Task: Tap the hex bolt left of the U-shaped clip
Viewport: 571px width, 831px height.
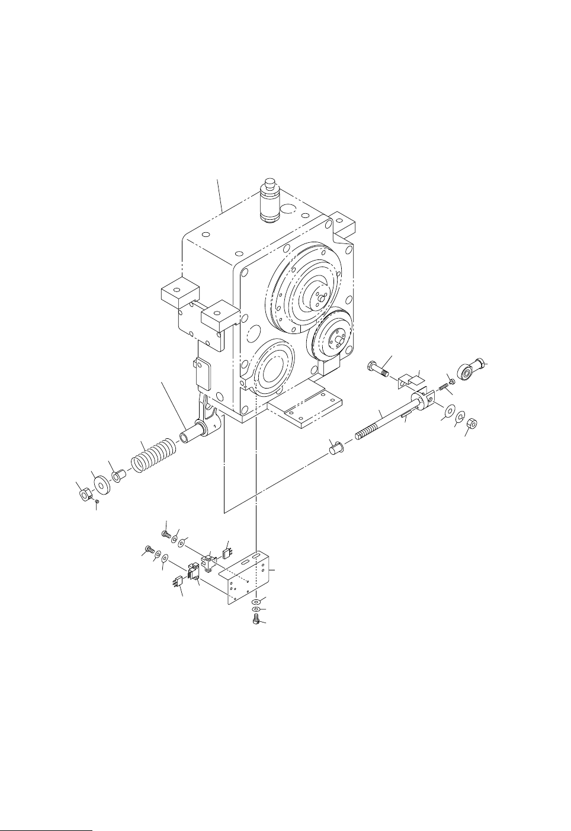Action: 377,371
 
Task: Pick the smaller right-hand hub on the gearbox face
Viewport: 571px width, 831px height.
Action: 332,336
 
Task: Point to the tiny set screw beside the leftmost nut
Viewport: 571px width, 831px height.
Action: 97,501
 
